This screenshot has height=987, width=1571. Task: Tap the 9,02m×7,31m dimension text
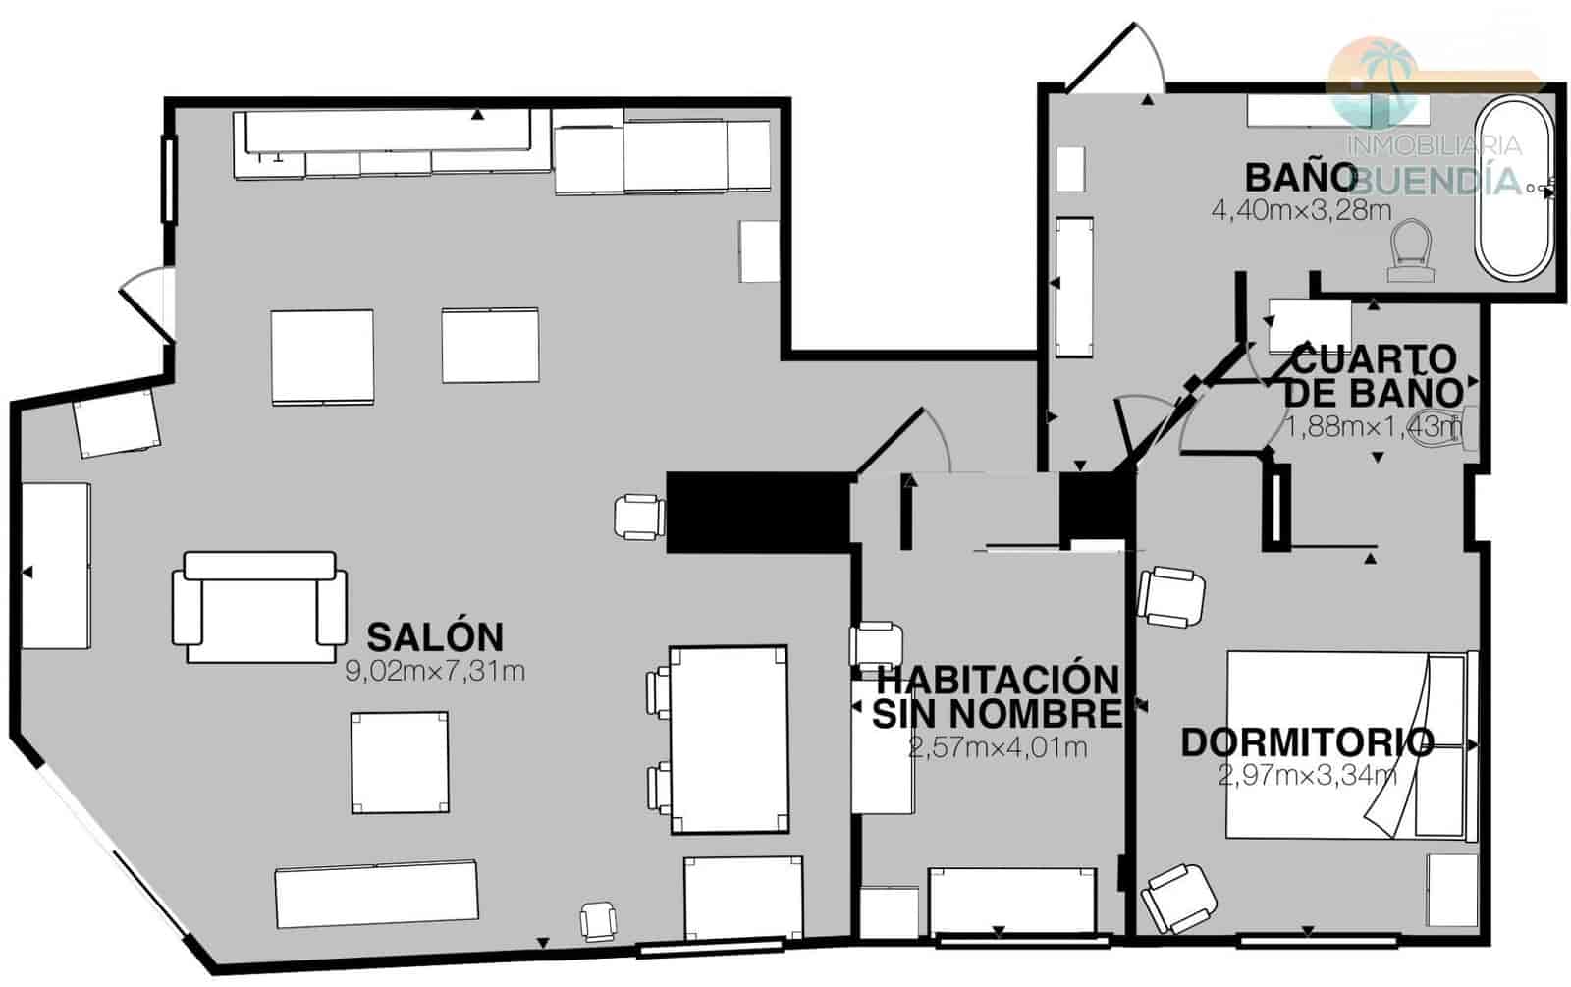434,672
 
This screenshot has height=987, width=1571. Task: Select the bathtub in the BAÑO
1517,189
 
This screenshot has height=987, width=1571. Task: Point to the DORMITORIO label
1306,742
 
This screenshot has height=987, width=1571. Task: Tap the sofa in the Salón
259,606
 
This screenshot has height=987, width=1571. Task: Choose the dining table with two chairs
728,739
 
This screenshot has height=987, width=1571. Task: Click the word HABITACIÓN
998,679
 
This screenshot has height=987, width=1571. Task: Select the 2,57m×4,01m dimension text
998,748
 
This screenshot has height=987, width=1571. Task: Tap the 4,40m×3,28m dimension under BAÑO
1287,210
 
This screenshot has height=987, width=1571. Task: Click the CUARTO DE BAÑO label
1372,376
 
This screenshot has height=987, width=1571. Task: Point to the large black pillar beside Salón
757,511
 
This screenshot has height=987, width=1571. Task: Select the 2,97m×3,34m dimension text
1307,776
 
